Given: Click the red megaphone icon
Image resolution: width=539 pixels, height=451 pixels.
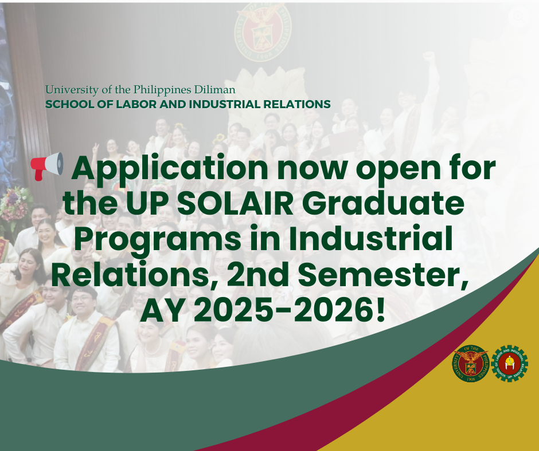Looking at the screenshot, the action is (x=47, y=167).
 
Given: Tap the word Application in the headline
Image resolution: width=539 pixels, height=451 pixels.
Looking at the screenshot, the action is (x=170, y=168).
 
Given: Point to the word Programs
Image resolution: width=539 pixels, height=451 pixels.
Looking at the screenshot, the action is (x=158, y=240).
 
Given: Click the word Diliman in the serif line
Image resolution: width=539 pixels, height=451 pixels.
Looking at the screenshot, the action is (x=214, y=90).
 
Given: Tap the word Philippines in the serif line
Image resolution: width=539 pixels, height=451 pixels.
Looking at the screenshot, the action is (x=162, y=90).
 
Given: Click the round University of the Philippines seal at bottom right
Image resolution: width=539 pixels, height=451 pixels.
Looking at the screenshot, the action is (x=471, y=363).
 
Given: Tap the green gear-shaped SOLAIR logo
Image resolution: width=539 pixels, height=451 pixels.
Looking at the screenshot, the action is (x=509, y=363).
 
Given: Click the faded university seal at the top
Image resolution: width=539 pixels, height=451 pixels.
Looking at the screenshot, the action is (x=263, y=32).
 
